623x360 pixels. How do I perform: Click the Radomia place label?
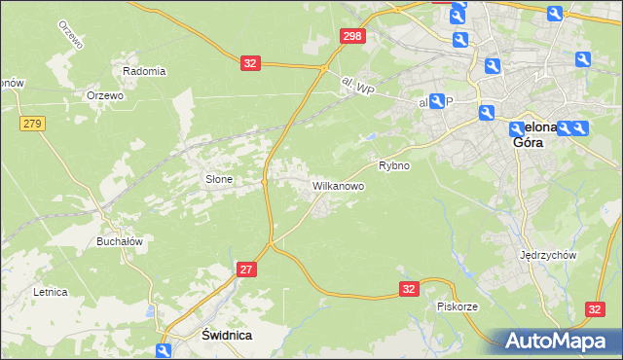[x=144, y=71]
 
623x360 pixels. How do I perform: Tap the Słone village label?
[x=218, y=179]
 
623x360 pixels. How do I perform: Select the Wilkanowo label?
[x=338, y=184]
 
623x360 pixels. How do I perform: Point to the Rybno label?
[x=394, y=165]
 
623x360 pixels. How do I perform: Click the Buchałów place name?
[x=121, y=241]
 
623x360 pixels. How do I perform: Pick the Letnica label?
[x=50, y=291]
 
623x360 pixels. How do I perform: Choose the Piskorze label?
[x=457, y=306]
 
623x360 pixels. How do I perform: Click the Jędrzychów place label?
[x=549, y=255]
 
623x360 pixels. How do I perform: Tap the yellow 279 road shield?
[x=32, y=124]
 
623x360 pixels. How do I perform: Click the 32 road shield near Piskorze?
[x=410, y=289]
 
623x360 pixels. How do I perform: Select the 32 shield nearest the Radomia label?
[x=250, y=63]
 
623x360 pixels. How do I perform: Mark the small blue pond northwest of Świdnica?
[x=147, y=311]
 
